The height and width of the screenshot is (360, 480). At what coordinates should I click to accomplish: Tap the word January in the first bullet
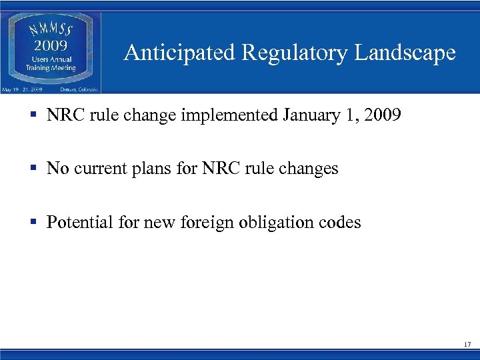310,115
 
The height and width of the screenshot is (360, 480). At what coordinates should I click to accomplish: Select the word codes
341,222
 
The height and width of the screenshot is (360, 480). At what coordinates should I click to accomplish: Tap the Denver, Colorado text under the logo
79,89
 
